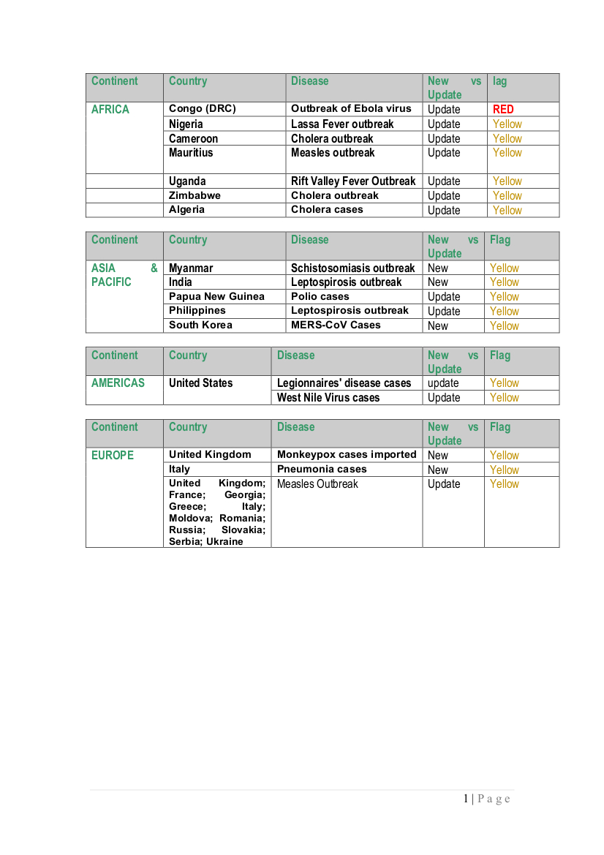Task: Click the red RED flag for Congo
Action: coord(503,109)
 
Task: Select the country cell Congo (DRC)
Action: coord(202,109)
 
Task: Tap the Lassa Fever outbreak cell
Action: coord(341,124)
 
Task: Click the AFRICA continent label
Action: coord(110,110)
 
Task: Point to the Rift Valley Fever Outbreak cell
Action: coord(352,181)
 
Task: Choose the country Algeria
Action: coord(186,210)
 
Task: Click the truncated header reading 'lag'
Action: coord(499,81)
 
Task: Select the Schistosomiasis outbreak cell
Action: coord(352,268)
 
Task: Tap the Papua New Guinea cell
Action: coord(216,296)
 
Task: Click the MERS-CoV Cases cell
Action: coord(336,325)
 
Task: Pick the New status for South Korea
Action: coord(438,325)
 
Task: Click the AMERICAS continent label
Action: coord(118,383)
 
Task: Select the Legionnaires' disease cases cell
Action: coord(344,383)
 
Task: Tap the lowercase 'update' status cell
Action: coord(443,383)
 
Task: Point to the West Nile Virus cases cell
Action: coord(328,398)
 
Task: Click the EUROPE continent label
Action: coord(113,455)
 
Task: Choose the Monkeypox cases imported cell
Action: coord(347,454)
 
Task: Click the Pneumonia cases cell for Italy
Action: coord(322,469)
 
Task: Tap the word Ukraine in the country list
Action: coord(224,541)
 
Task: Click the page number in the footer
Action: coord(466,799)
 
